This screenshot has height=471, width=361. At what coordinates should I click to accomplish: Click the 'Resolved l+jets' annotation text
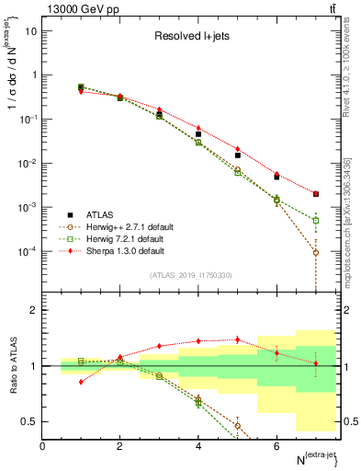tap(193, 38)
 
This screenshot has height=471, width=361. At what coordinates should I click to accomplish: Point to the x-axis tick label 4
tap(198, 446)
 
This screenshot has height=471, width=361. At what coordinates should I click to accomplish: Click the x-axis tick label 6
tap(276, 446)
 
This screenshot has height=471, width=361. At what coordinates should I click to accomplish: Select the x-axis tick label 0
tap(43, 446)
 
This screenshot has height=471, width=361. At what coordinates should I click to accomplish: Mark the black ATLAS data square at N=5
tap(238, 155)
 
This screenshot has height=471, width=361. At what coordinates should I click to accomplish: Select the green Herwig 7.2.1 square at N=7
tap(316, 221)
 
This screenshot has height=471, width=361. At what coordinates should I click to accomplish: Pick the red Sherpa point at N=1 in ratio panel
tap(82, 381)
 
